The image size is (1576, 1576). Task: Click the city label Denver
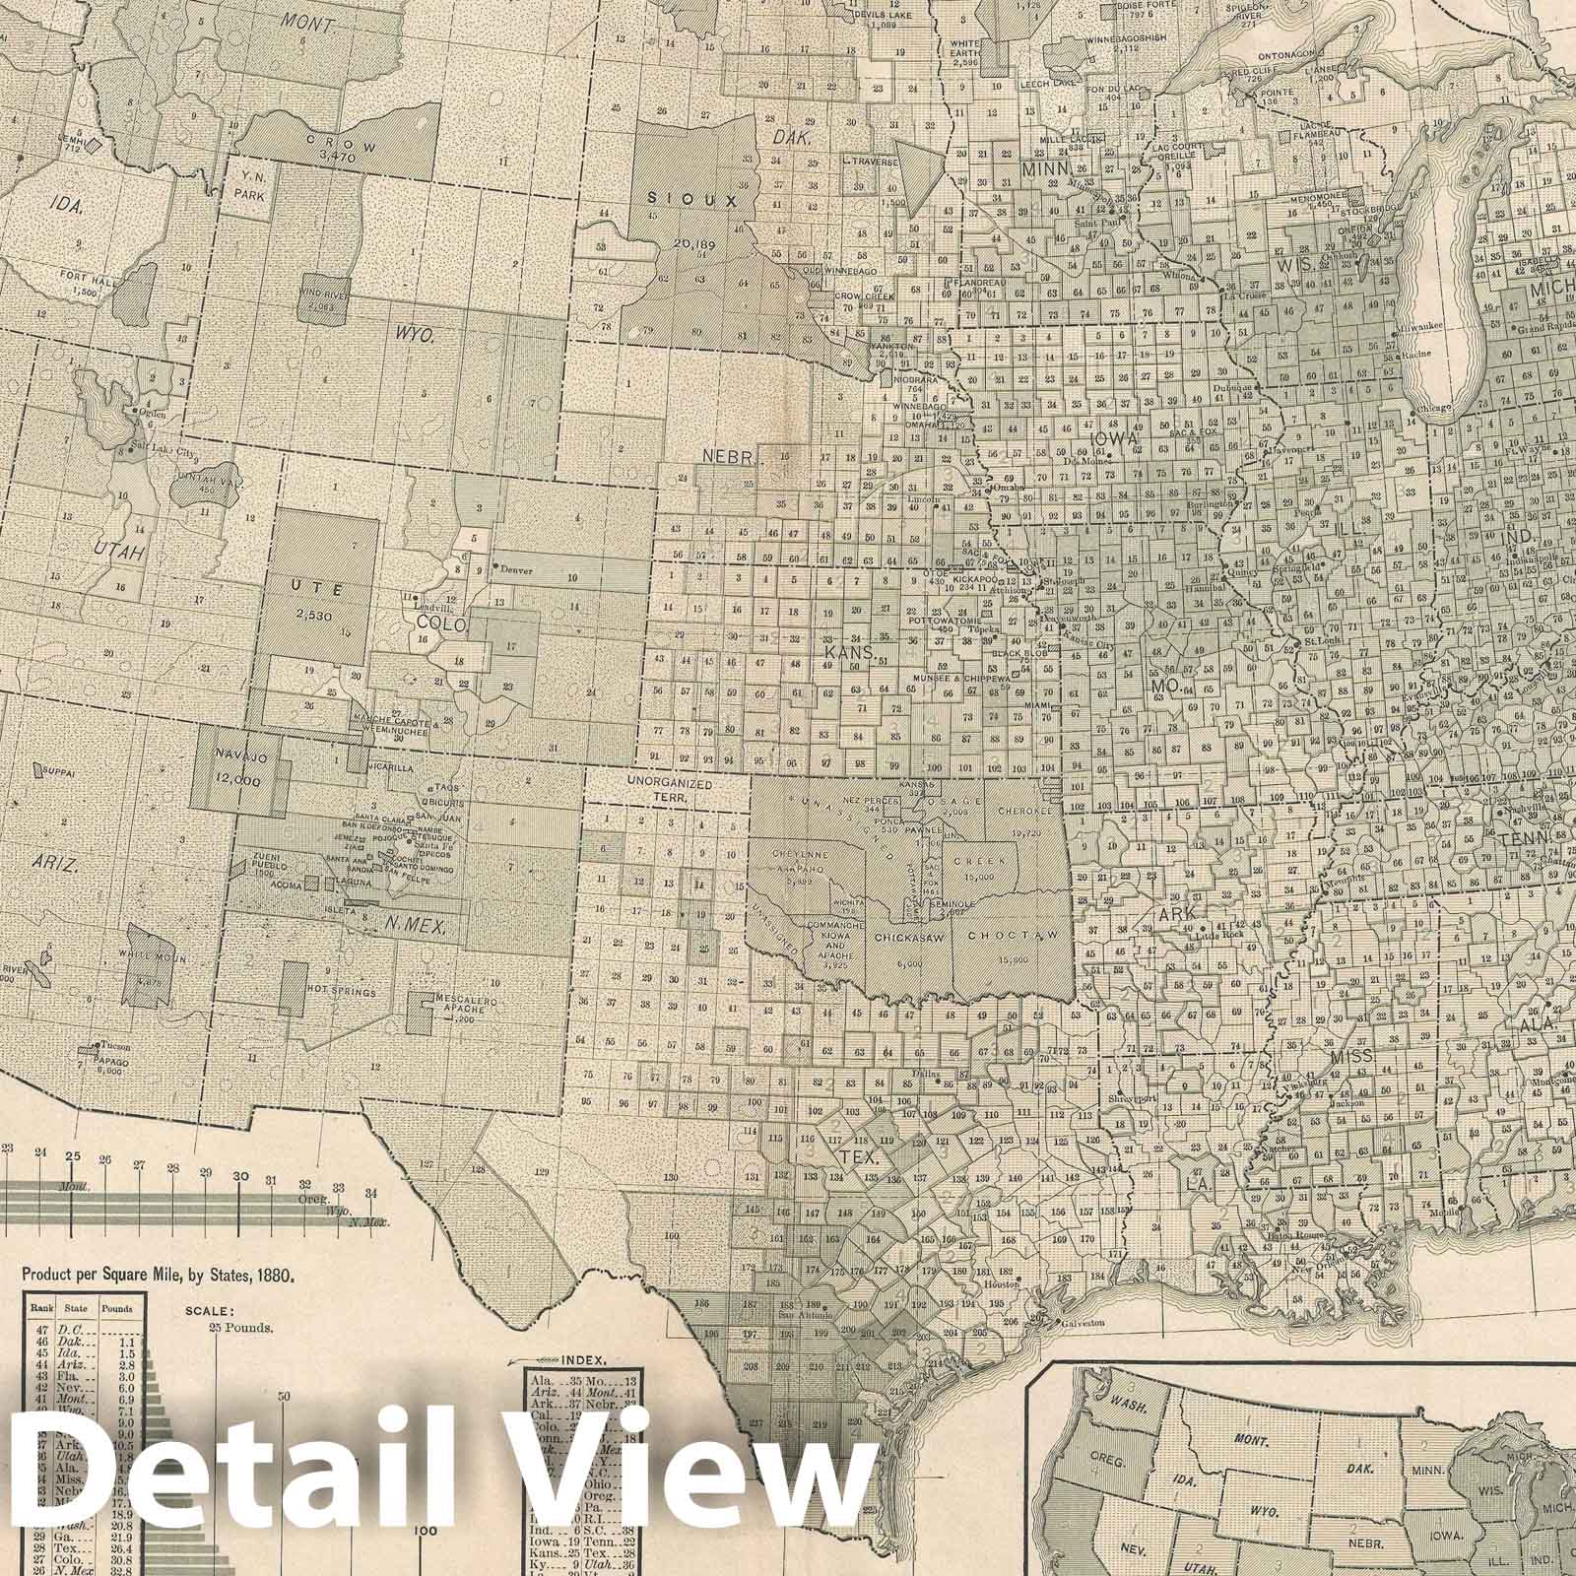(x=520, y=569)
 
